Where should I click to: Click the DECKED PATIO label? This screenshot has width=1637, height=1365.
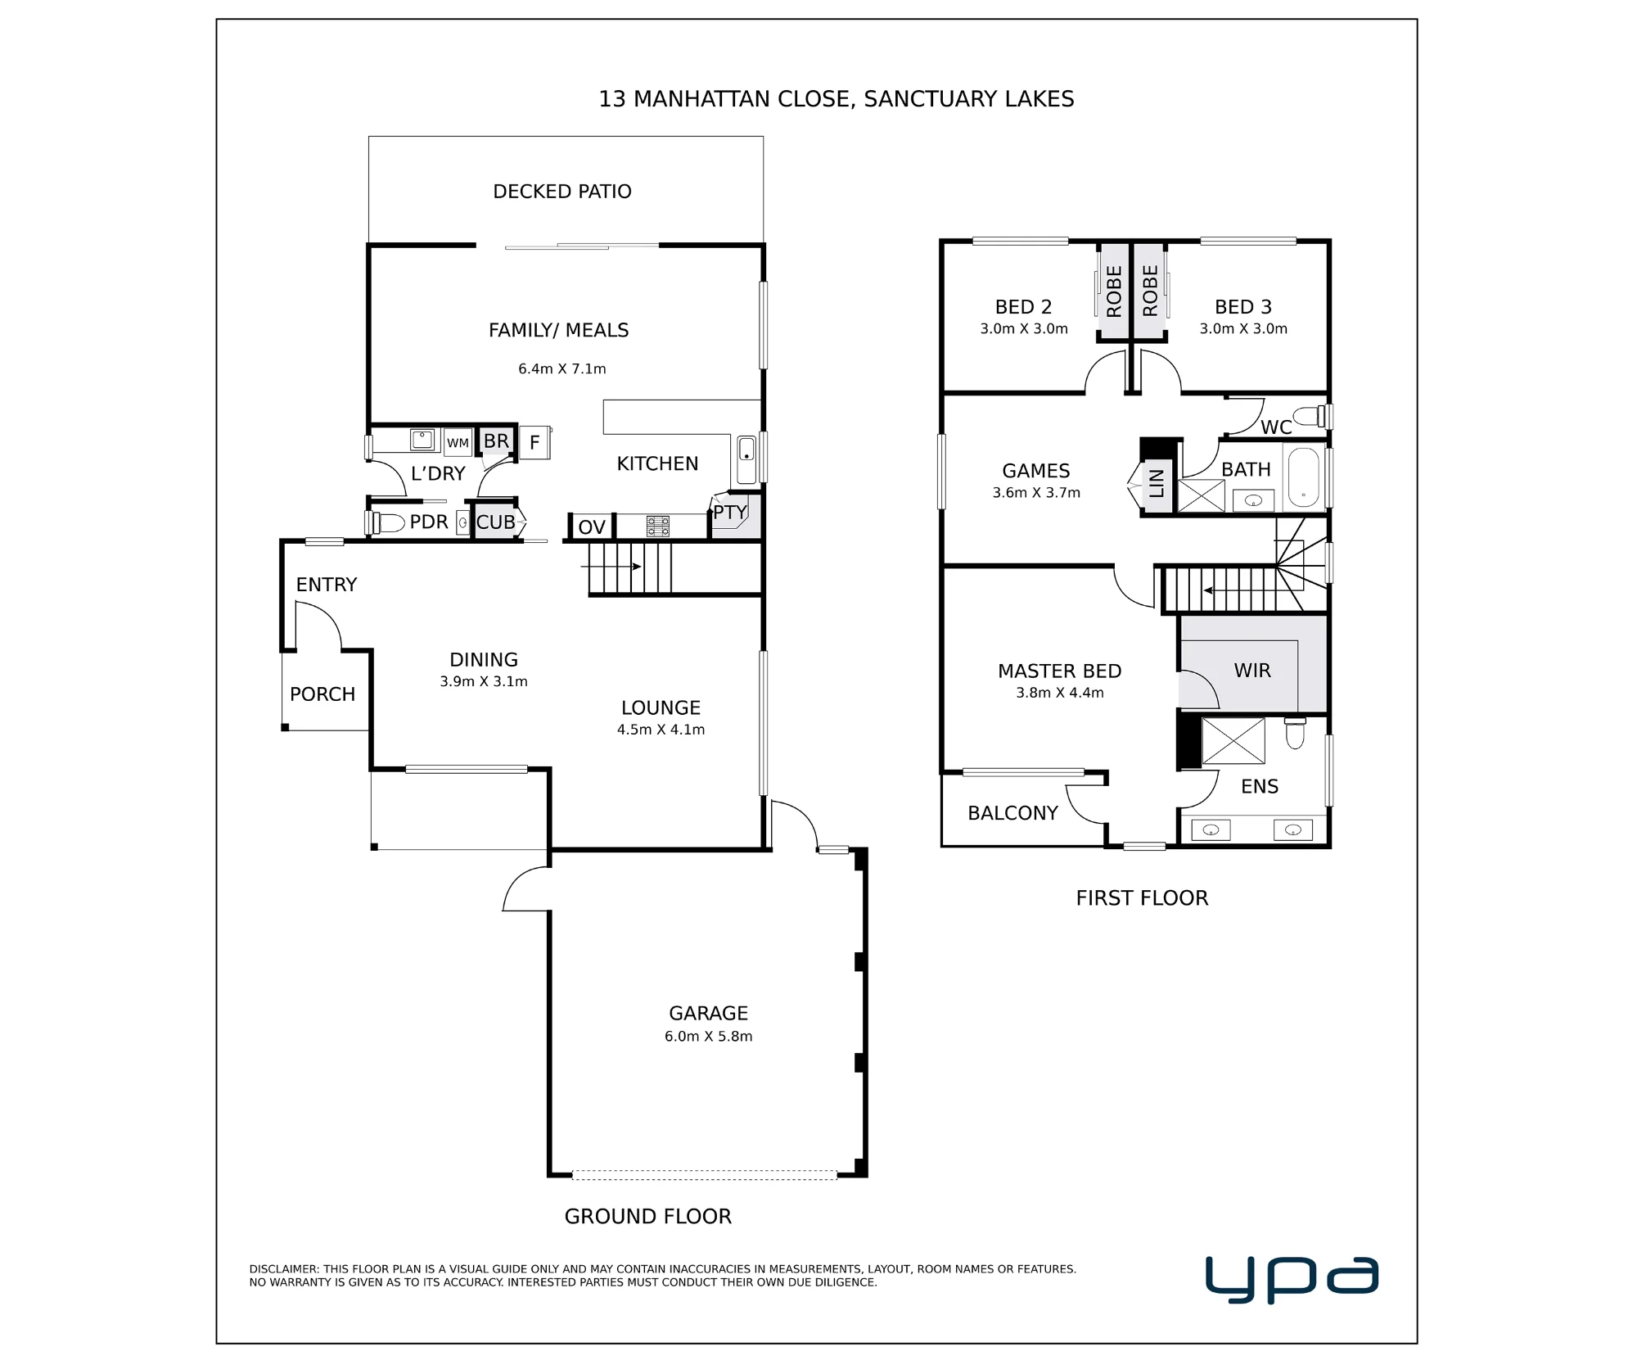pos(562,192)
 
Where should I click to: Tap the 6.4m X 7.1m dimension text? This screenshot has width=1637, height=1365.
pos(562,369)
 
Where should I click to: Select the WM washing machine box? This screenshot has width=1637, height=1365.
pos(458,442)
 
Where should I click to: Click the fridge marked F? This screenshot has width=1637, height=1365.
pos(534,443)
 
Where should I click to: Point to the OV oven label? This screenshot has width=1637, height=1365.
pos(592,527)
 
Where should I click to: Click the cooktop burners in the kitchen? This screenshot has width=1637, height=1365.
pos(658,526)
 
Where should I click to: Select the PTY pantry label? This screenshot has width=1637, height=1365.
pos(730,513)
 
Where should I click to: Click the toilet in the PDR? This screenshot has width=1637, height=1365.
pos(389,522)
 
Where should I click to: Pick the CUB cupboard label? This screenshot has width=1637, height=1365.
pos(496,522)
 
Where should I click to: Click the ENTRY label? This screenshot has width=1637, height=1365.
pos(327,585)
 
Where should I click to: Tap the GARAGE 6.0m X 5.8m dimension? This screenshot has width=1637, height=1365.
pos(709,1037)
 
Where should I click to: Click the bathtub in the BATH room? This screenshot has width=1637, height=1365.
pos(1303,477)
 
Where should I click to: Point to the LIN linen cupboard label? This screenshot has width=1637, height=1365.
pos(1157,483)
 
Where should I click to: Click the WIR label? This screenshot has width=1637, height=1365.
pos(1252,671)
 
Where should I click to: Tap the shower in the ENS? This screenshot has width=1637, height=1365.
pos(1233,740)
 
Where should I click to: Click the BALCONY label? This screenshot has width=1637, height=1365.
pos(1013,813)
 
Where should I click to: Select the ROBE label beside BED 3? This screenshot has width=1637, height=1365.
pos(1150,291)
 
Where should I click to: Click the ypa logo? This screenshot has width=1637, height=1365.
pos(1292,1279)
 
